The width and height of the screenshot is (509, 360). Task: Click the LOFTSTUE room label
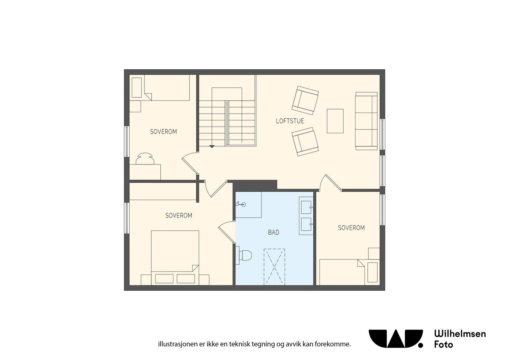[x=290, y=121]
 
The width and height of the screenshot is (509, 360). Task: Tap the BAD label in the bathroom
[x=274, y=232]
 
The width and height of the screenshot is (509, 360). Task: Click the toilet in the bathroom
[x=245, y=255]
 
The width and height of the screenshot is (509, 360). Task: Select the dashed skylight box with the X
[x=274, y=267]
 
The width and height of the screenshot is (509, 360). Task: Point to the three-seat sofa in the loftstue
[x=366, y=121]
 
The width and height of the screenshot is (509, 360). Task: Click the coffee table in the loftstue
[x=335, y=121]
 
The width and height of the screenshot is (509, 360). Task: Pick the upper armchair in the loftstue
[x=305, y=100]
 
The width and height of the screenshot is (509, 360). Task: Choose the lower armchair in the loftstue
[x=305, y=142]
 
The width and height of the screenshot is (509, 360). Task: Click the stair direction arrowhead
[x=212, y=147]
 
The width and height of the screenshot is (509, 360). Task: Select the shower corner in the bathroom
[x=248, y=204]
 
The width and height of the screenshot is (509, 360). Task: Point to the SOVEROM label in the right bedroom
[x=351, y=228]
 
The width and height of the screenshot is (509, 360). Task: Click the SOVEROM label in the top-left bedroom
[x=163, y=132]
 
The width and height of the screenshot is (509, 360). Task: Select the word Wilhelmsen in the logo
[x=460, y=334]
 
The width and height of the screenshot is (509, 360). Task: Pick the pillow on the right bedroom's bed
[x=372, y=272]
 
